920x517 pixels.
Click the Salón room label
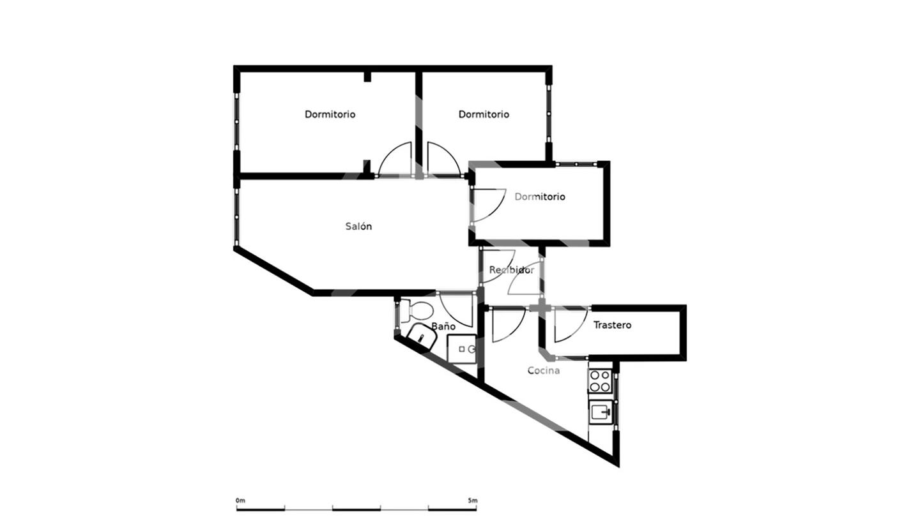(358, 226)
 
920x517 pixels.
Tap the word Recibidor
(511, 270)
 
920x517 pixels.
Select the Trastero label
(612, 325)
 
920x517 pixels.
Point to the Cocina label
(543, 370)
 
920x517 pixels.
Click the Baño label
(443, 326)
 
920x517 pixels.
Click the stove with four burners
(600, 381)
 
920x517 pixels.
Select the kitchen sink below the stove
(601, 412)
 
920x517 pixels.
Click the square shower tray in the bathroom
(462, 348)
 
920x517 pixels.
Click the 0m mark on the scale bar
(240, 500)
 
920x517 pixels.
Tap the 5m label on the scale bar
(472, 500)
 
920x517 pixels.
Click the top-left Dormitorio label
(330, 114)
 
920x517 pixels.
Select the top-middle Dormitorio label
(484, 114)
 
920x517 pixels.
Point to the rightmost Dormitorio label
(540, 197)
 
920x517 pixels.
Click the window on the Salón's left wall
(236, 217)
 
